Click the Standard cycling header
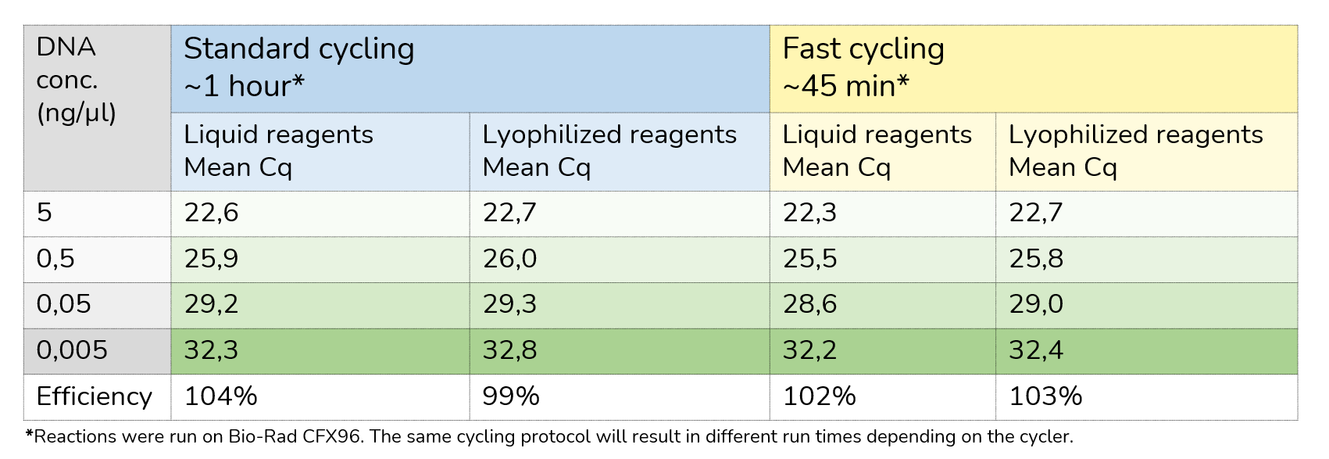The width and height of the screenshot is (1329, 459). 298,48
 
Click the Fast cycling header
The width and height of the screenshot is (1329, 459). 863,48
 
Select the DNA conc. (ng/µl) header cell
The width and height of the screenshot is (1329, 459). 77,80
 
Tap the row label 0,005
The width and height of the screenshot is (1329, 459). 72,350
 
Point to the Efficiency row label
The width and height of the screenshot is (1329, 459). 94,396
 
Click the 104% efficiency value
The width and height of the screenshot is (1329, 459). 221,396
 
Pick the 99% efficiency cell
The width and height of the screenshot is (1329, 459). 511,396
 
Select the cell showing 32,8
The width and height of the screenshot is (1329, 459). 510,350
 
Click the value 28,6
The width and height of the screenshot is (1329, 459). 809,304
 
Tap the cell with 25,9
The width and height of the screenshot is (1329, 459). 212,259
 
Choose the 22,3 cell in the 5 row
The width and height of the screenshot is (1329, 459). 809,213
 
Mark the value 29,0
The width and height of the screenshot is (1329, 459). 1036,304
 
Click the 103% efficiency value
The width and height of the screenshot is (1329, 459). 1045,396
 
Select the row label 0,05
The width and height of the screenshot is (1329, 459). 64,304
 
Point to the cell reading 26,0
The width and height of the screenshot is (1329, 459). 510,259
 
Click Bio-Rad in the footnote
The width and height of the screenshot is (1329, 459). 258,437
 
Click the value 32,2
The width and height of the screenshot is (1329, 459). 809,350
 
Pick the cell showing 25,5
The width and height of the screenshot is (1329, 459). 809,259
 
